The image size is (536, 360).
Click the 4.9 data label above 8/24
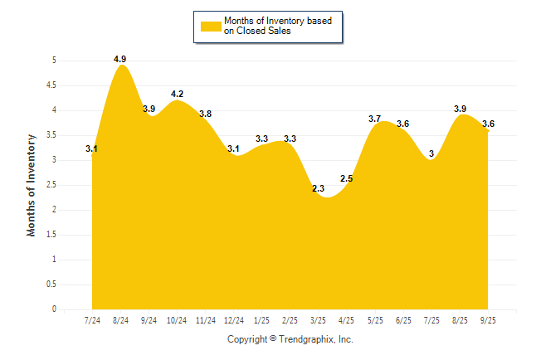pyautogui.click(x=119, y=59)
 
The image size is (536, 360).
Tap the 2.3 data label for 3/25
pyautogui.click(x=319, y=189)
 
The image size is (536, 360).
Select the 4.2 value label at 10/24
pyautogui.click(x=177, y=94)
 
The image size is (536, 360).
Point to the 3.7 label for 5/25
pyautogui.click(x=374, y=119)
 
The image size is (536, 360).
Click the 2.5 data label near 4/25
pyautogui.click(x=347, y=178)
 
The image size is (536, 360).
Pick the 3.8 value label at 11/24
pyautogui.click(x=205, y=114)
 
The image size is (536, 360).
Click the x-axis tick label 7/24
pyautogui.click(x=92, y=320)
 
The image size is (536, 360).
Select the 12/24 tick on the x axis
pyautogui.click(x=233, y=320)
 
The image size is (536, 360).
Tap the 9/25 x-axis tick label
pyautogui.click(x=488, y=320)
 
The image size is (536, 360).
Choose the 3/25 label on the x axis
pyautogui.click(x=319, y=320)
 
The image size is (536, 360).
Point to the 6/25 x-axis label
pyautogui.click(x=403, y=320)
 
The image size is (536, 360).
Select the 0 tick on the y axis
pyautogui.click(x=54, y=309)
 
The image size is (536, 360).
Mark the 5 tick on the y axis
pyautogui.click(x=54, y=60)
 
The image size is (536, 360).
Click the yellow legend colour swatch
pyautogui.click(x=210, y=26)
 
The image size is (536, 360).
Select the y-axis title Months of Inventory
pyautogui.click(x=32, y=185)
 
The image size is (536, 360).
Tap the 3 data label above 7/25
pyautogui.click(x=431, y=153)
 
